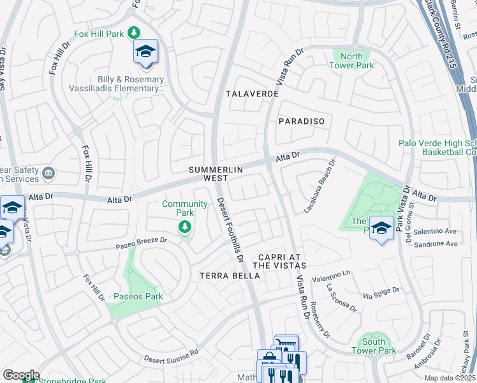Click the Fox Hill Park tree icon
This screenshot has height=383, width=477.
[134, 33]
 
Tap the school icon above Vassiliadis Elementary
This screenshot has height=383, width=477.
[145, 52]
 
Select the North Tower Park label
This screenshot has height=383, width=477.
[351, 61]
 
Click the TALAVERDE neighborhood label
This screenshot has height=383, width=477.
[253, 94]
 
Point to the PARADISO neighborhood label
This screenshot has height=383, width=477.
[302, 121]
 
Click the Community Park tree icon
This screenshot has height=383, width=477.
[185, 227]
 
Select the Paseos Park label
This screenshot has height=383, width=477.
[138, 296]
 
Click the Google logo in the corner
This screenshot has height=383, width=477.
[20, 375]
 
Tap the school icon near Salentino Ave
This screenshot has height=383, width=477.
[381, 229]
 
